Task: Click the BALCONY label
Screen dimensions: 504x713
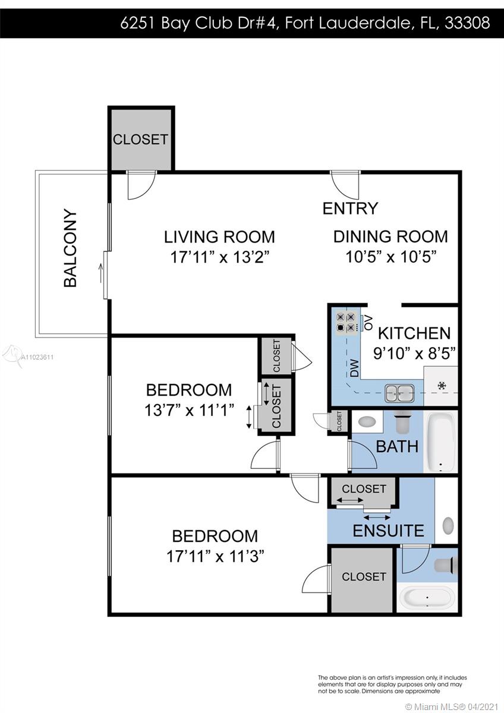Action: coord(70,248)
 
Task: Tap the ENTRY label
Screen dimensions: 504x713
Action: coord(350,209)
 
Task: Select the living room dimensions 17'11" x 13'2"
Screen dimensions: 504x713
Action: coord(222,257)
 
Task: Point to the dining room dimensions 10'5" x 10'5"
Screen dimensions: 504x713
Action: coord(390,257)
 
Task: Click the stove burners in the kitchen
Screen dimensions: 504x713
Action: coord(346,322)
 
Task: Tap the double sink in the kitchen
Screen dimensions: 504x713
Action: coord(399,393)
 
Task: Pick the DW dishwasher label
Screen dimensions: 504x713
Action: coord(354,368)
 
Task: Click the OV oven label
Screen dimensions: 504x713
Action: coord(368,323)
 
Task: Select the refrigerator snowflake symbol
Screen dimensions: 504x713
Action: coord(441,386)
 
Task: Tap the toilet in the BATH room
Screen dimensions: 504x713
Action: coord(403,421)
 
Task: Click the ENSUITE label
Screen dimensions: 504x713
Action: coord(389,531)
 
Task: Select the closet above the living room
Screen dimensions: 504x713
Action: coord(140,139)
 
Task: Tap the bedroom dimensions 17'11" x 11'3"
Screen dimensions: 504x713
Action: coord(215,557)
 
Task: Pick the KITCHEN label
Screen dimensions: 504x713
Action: coord(414,333)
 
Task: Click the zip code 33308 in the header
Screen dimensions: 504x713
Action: coord(467,23)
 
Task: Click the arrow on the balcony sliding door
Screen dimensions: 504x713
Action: coord(102,273)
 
